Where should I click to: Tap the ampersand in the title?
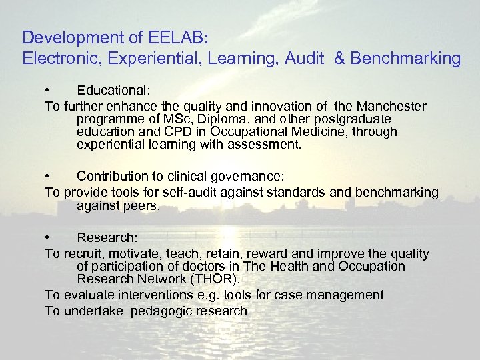pyautogui.click(x=339, y=59)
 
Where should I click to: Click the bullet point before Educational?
pyautogui.click(x=47, y=89)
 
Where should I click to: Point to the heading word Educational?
pyautogui.click(x=113, y=89)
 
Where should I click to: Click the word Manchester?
pyautogui.click(x=391, y=107)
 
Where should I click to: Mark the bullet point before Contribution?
pyautogui.click(x=47, y=176)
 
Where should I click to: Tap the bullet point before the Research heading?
pyautogui.click(x=47, y=237)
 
